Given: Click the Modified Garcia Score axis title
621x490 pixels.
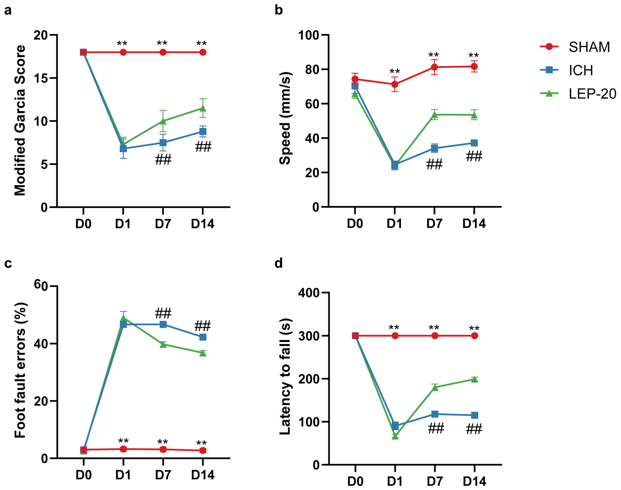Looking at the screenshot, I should click(x=20, y=120).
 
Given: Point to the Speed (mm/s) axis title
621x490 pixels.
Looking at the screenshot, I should click(x=285, y=118).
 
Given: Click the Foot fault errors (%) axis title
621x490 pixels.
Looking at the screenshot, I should click(x=20, y=370).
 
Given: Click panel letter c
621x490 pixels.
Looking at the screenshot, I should click(x=8, y=263).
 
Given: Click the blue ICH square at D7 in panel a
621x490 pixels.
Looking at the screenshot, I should click(x=163, y=143).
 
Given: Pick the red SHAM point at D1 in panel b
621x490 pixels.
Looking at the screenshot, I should click(x=395, y=84).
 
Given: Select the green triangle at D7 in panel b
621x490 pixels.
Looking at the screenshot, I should click(x=434, y=115).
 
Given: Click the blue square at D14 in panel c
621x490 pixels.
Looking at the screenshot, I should click(x=203, y=337).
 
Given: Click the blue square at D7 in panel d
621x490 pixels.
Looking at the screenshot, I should click(x=435, y=414).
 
